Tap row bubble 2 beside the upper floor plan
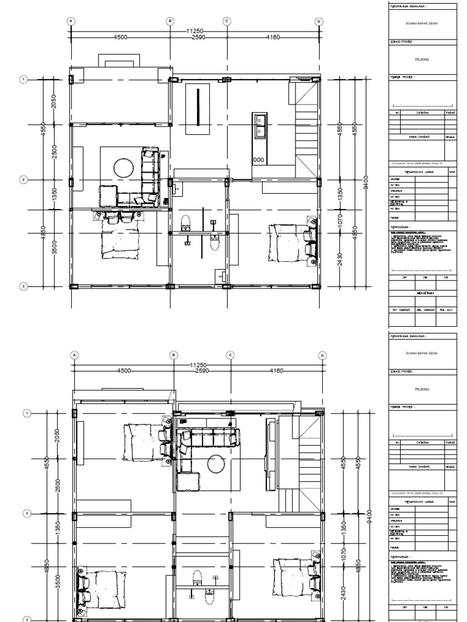pyautogui.click(x=24, y=180)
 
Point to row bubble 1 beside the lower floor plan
pyautogui.click(x=27, y=414)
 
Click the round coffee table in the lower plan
pyautogui.click(x=216, y=465)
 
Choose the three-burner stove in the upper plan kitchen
pyautogui.click(x=258, y=160)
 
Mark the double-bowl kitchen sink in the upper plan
pyautogui.click(x=259, y=126)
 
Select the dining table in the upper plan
pyautogui.click(x=198, y=108)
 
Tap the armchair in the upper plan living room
pyautogui.click(x=108, y=194)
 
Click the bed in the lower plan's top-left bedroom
pyautogui.click(x=142, y=442)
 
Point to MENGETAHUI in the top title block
pyautogui.click(x=421, y=292)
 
